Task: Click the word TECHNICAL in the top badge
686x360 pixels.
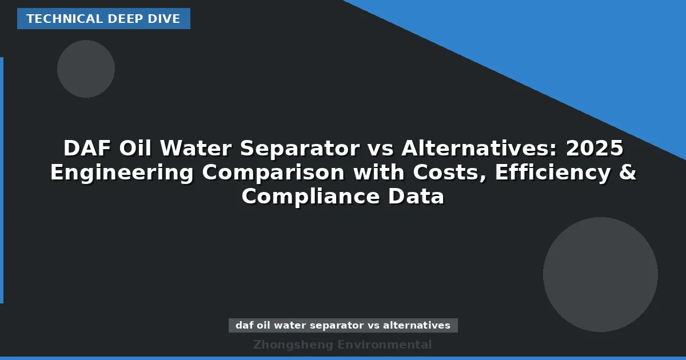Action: tap(55, 19)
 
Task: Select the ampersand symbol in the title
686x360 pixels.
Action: tap(628, 173)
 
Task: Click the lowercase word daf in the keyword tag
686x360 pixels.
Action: tap(244, 326)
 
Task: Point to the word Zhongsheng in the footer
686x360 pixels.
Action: tap(293, 345)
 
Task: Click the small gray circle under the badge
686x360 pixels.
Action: tap(86, 69)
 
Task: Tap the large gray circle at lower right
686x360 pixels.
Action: tap(600, 274)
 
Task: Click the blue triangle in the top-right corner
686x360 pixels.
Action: tap(572, 46)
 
